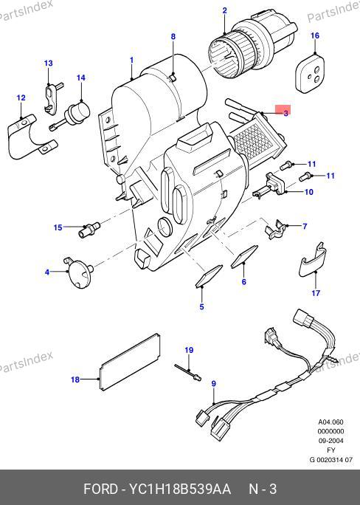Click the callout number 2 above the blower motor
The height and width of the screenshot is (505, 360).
click(224, 10)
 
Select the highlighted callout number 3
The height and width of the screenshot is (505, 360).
click(285, 113)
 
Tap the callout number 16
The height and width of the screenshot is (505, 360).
click(315, 35)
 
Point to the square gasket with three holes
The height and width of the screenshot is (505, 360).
click(310, 74)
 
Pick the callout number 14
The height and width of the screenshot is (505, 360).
click(80, 78)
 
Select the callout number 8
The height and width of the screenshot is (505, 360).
click(173, 37)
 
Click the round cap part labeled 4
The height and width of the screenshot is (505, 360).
click(79, 273)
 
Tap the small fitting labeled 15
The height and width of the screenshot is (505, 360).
click(89, 230)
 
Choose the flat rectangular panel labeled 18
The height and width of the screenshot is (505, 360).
click(130, 362)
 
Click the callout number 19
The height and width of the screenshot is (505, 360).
click(189, 350)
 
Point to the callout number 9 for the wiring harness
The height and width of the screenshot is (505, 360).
click(214, 384)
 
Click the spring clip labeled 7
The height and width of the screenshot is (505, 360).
click(275, 230)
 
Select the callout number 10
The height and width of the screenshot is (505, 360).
click(308, 192)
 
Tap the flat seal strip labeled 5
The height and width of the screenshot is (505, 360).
click(209, 275)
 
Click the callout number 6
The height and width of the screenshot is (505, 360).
click(244, 282)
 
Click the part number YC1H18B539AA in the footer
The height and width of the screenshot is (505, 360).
click(180, 489)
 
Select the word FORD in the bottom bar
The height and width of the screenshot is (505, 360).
click(101, 489)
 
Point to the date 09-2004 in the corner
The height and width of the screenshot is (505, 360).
click(330, 441)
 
